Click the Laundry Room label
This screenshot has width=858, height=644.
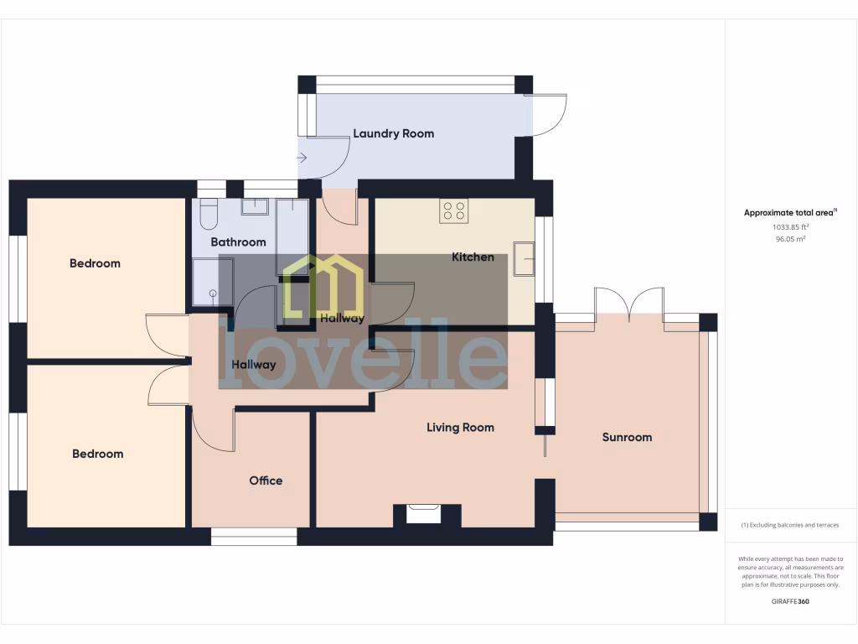pyautogui.click(x=393, y=133)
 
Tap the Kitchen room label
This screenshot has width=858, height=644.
pyautogui.click(x=473, y=257)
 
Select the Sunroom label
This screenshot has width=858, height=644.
pyautogui.click(x=627, y=437)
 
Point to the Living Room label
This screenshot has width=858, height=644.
pyautogui.click(x=460, y=428)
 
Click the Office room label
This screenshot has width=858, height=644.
pyautogui.click(x=266, y=480)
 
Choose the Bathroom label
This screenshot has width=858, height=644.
pyautogui.click(x=238, y=242)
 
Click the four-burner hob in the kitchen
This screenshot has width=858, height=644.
pyautogui.click(x=454, y=210)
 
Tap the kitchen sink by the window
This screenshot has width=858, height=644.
pyautogui.click(x=525, y=258)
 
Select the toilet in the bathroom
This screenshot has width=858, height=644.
pyautogui.click(x=209, y=214)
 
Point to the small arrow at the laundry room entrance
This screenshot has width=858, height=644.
pyautogui.click(x=302, y=157)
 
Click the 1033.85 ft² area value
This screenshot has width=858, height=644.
pyautogui.click(x=790, y=227)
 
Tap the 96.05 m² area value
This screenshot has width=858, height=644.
pyautogui.click(x=790, y=239)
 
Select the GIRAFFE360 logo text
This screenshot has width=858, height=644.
pyautogui.click(x=790, y=601)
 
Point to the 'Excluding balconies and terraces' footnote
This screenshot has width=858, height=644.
pyautogui.click(x=790, y=525)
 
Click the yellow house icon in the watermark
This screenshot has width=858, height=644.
pyautogui.click(x=323, y=285)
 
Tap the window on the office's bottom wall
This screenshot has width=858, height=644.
pyautogui.click(x=254, y=536)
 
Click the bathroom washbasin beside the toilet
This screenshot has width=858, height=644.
pyautogui.click(x=255, y=207)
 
